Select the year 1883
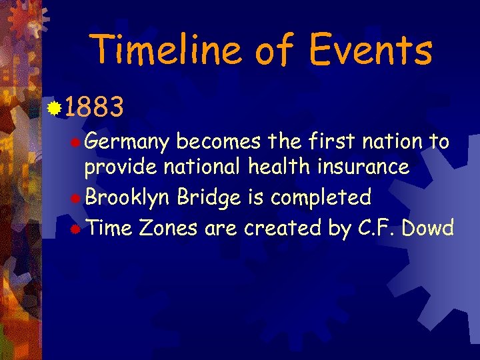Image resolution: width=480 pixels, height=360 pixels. pyautogui.click(x=94, y=107)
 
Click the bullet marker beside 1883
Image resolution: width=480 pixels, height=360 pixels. pyautogui.click(x=55, y=106)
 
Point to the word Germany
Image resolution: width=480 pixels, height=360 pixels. pyautogui.click(x=128, y=143)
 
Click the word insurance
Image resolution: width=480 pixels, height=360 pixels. pyautogui.click(x=362, y=167)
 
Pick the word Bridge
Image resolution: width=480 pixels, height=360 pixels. pyautogui.click(x=205, y=198)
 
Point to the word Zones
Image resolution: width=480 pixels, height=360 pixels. pyautogui.click(x=168, y=228)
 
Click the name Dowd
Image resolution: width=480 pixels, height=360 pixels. pyautogui.click(x=428, y=228)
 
